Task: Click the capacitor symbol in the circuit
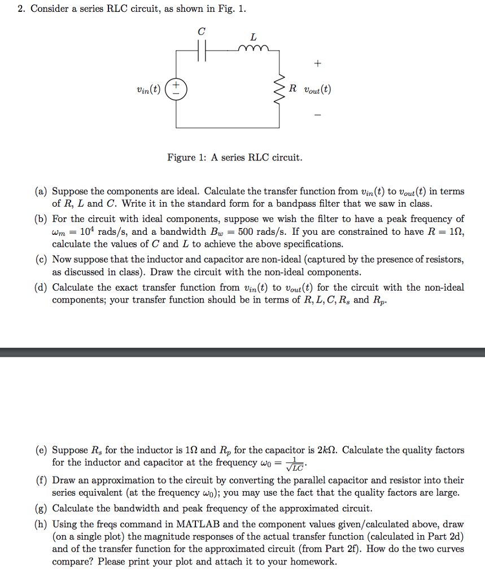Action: [x=203, y=50]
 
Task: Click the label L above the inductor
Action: [x=252, y=37]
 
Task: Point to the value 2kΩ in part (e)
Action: [x=325, y=450]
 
